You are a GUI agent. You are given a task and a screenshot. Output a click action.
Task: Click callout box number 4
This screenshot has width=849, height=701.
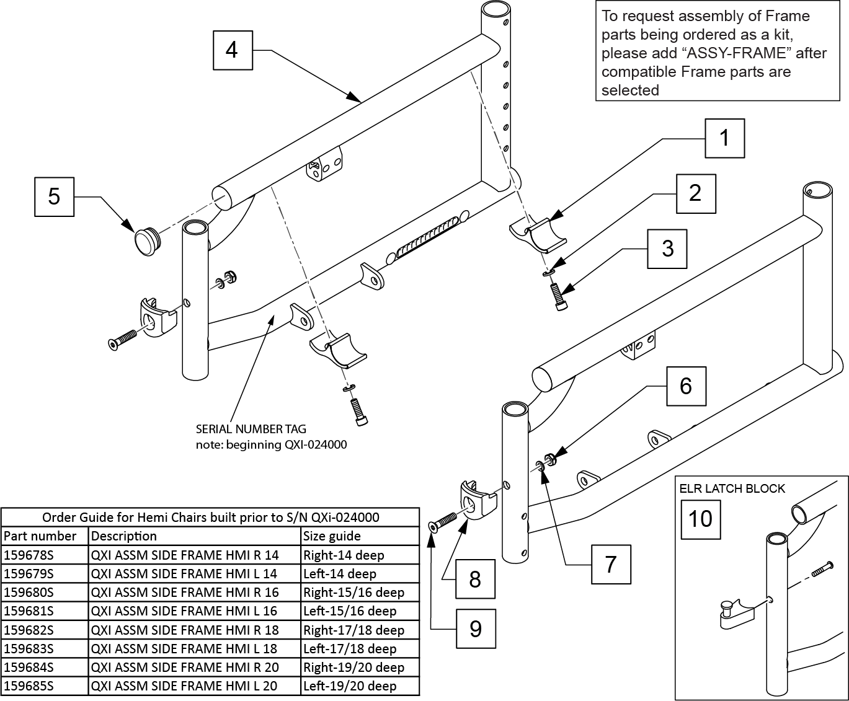tap(232, 49)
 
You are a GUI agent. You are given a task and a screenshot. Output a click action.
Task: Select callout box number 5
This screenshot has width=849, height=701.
tap(54, 196)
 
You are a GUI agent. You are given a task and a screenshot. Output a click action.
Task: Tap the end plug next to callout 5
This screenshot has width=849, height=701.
tap(146, 240)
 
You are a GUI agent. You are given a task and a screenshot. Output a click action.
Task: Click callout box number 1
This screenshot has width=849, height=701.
tap(724, 138)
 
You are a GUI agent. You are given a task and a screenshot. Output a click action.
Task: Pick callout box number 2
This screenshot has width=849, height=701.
tap(695, 193)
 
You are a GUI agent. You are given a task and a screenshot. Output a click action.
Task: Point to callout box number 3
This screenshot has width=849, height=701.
tap(667, 249)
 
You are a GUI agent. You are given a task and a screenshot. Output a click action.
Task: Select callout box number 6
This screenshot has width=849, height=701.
tap(686, 386)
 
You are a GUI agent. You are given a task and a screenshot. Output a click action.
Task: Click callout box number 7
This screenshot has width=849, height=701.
tap(611, 565)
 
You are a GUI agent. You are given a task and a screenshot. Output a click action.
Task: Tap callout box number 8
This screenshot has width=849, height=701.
tap(475, 579)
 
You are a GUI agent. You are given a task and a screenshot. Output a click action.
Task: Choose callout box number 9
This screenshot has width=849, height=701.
tap(476, 628)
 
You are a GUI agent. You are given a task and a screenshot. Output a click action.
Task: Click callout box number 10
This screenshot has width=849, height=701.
tap(701, 518)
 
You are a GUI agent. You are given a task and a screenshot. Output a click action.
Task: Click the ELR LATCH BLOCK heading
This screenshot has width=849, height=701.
tap(732, 488)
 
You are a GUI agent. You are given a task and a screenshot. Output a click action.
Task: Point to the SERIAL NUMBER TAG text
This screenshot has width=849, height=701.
tap(251, 428)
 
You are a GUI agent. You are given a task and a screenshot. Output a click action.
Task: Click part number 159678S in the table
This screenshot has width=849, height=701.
tap(29, 555)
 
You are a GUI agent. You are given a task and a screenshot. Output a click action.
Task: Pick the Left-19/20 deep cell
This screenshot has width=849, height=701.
tap(350, 686)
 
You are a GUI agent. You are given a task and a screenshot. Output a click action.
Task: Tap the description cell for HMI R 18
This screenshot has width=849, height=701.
tap(185, 630)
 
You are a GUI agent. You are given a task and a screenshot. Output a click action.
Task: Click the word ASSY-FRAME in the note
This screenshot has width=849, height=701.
tap(737, 53)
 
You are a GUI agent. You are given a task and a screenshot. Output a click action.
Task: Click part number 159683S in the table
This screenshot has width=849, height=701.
tap(29, 648)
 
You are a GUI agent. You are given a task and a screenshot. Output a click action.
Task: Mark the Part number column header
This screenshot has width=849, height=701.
tap(40, 536)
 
